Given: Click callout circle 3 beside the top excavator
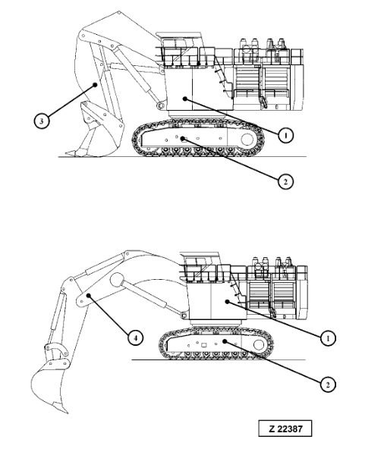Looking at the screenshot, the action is (x=42, y=121).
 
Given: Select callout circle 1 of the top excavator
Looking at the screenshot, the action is (x=285, y=135).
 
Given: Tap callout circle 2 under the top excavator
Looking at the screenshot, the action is (x=285, y=182).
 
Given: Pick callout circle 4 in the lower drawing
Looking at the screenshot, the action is (x=135, y=337).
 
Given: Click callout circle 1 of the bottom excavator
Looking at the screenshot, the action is (x=328, y=338).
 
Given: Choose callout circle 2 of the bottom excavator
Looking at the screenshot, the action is (x=328, y=385).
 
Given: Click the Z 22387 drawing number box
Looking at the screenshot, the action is (x=285, y=428).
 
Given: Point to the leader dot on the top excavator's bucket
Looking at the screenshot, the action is (x=95, y=85).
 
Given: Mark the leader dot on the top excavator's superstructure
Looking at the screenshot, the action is (x=185, y=99).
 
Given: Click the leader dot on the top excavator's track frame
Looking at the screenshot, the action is (x=182, y=139).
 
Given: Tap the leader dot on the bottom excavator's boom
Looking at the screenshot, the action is (x=88, y=295).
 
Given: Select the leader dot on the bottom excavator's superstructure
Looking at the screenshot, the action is (x=227, y=301).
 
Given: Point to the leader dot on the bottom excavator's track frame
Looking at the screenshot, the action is (x=225, y=341).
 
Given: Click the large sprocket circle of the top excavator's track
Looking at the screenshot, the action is (x=247, y=140).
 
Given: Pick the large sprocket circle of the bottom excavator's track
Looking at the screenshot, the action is (x=259, y=344).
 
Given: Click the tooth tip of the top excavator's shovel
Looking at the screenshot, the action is (x=67, y=153).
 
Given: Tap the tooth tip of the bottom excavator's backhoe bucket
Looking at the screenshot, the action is (x=67, y=412).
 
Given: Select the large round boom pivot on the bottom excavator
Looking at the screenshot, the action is (x=117, y=280).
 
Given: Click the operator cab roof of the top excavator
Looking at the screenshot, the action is (x=181, y=34).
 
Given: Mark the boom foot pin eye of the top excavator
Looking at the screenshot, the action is (x=160, y=105).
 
